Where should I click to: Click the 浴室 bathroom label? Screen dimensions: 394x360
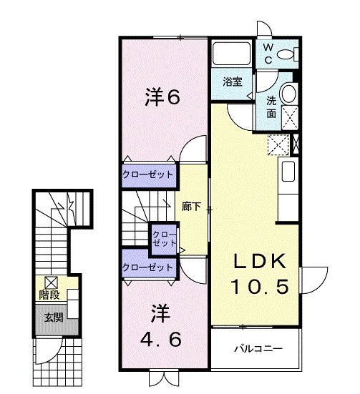[x=230, y=82]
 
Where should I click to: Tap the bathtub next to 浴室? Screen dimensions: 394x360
[x=230, y=54]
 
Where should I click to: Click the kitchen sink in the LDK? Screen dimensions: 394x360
[x=288, y=172]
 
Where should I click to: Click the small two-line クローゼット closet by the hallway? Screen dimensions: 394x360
[x=164, y=239]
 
